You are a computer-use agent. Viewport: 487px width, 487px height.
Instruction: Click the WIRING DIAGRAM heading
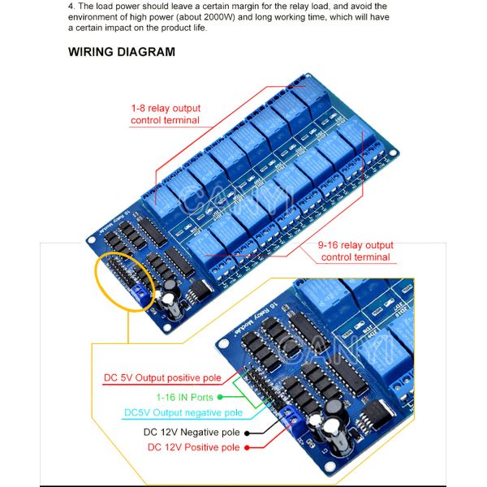121,52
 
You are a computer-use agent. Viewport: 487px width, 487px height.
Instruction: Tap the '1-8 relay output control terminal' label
166,114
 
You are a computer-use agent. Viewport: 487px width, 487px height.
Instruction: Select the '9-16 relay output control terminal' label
356,251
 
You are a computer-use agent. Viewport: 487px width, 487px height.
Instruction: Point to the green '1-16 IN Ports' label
184,398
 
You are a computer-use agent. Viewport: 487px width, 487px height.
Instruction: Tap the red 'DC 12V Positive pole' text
193,447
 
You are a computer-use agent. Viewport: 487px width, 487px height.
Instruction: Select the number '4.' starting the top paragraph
71,6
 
